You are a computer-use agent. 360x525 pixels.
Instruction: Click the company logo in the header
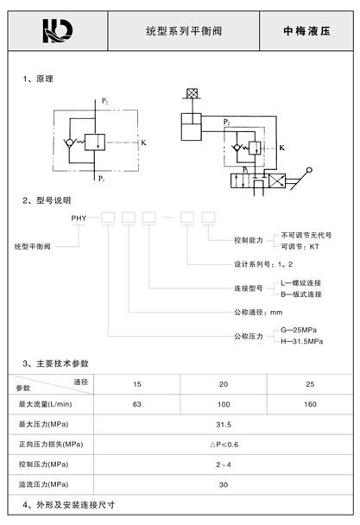(x=58, y=31)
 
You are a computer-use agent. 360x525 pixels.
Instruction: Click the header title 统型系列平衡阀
(x=184, y=31)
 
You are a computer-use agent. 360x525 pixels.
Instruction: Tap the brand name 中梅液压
(x=306, y=31)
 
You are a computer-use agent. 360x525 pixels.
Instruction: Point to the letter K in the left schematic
(x=143, y=142)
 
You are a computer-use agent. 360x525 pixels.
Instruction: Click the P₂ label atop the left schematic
(x=104, y=101)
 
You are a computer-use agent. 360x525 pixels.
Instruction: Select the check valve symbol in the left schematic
(x=70, y=143)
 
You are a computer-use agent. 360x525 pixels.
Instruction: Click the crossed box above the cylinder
(x=192, y=93)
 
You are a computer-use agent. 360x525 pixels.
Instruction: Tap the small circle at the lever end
(x=309, y=170)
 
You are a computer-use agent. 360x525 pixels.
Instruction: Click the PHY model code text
(x=79, y=218)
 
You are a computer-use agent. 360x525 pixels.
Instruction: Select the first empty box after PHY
(x=108, y=218)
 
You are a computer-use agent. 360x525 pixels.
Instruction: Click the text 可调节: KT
(x=300, y=247)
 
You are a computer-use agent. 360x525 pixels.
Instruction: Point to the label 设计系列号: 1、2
(x=263, y=264)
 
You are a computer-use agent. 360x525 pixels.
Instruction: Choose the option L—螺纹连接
(x=301, y=283)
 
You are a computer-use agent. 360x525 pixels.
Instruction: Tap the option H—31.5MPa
(x=302, y=342)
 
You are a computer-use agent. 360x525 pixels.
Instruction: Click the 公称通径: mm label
(x=258, y=313)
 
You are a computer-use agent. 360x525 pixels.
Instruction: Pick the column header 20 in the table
(x=224, y=384)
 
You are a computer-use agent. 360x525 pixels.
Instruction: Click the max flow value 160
(x=310, y=404)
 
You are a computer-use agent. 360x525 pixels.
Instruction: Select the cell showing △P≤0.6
(x=224, y=445)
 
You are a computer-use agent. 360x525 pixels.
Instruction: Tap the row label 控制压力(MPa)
(x=43, y=465)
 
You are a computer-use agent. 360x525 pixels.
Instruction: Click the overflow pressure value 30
(x=224, y=484)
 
